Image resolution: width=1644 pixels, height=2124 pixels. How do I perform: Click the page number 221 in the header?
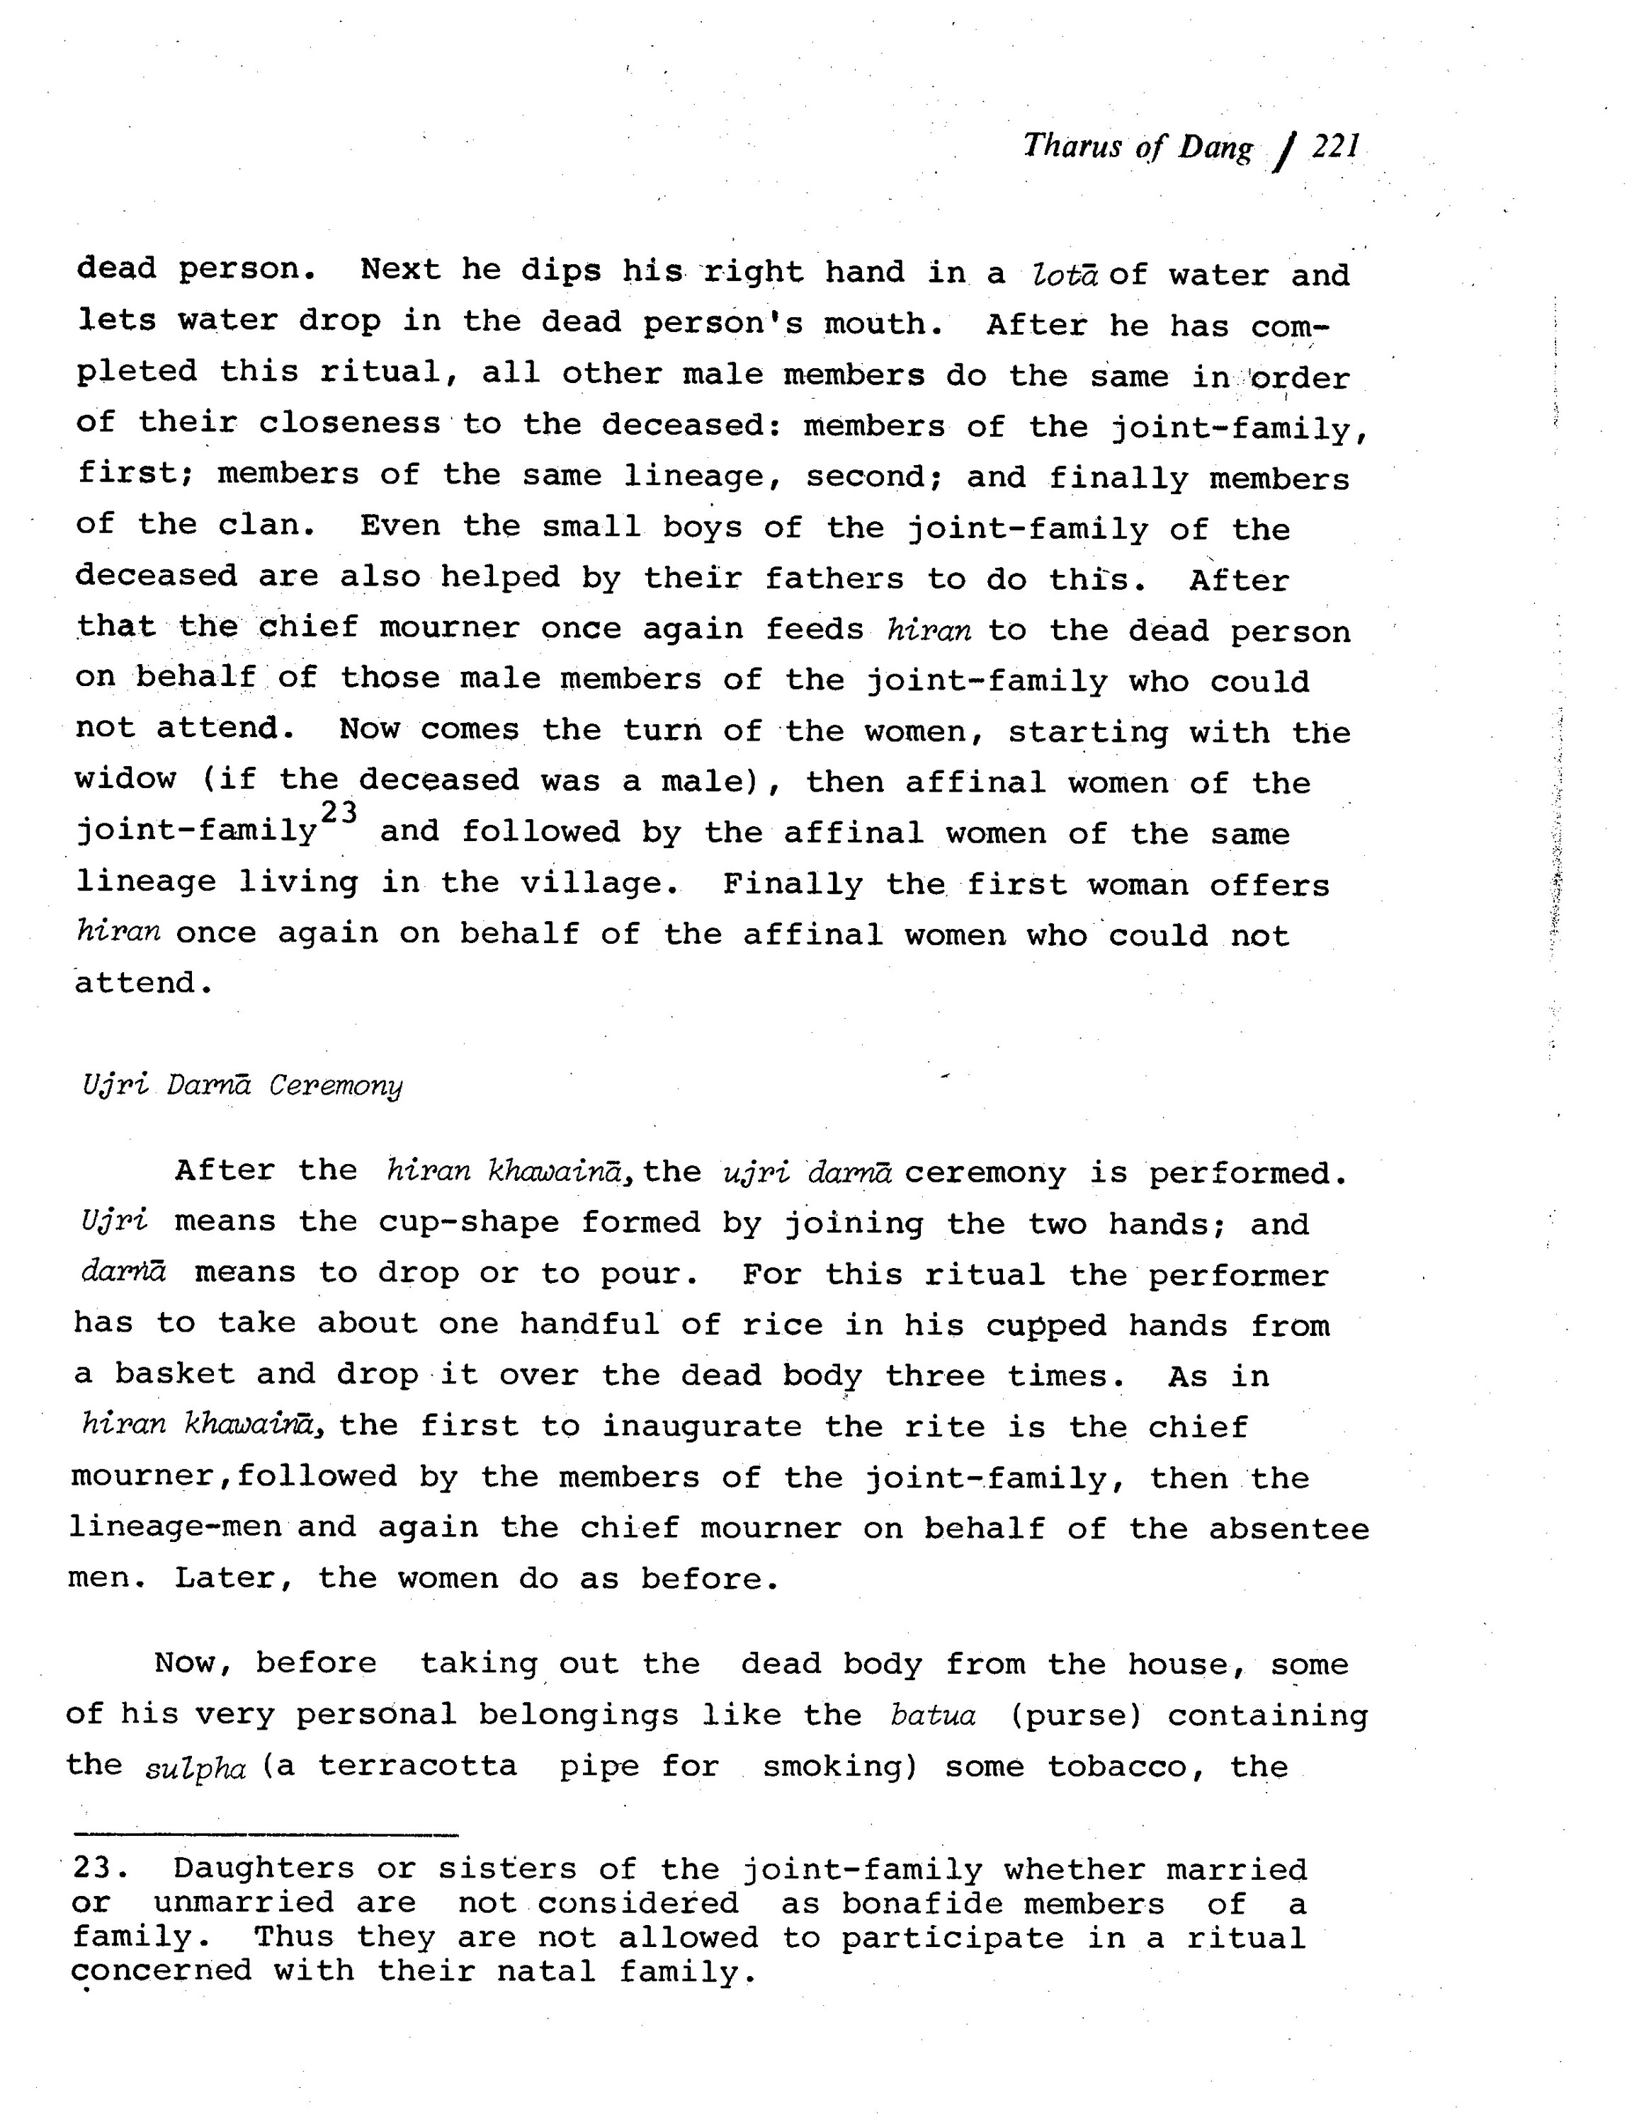click(1334, 147)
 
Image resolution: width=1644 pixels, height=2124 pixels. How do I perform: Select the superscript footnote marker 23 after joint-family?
click(339, 812)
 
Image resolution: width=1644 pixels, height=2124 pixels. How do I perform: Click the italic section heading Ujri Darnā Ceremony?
click(242, 1085)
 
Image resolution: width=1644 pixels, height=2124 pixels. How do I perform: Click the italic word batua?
click(933, 1715)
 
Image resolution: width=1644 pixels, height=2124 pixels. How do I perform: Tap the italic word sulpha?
click(195, 1766)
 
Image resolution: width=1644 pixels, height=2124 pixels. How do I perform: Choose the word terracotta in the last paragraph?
click(419, 1765)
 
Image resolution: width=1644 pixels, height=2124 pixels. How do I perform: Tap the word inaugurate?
click(701, 1427)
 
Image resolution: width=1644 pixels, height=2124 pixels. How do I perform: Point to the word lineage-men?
click(175, 1528)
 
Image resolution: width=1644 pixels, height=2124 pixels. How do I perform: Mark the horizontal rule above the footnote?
click(266, 1834)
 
